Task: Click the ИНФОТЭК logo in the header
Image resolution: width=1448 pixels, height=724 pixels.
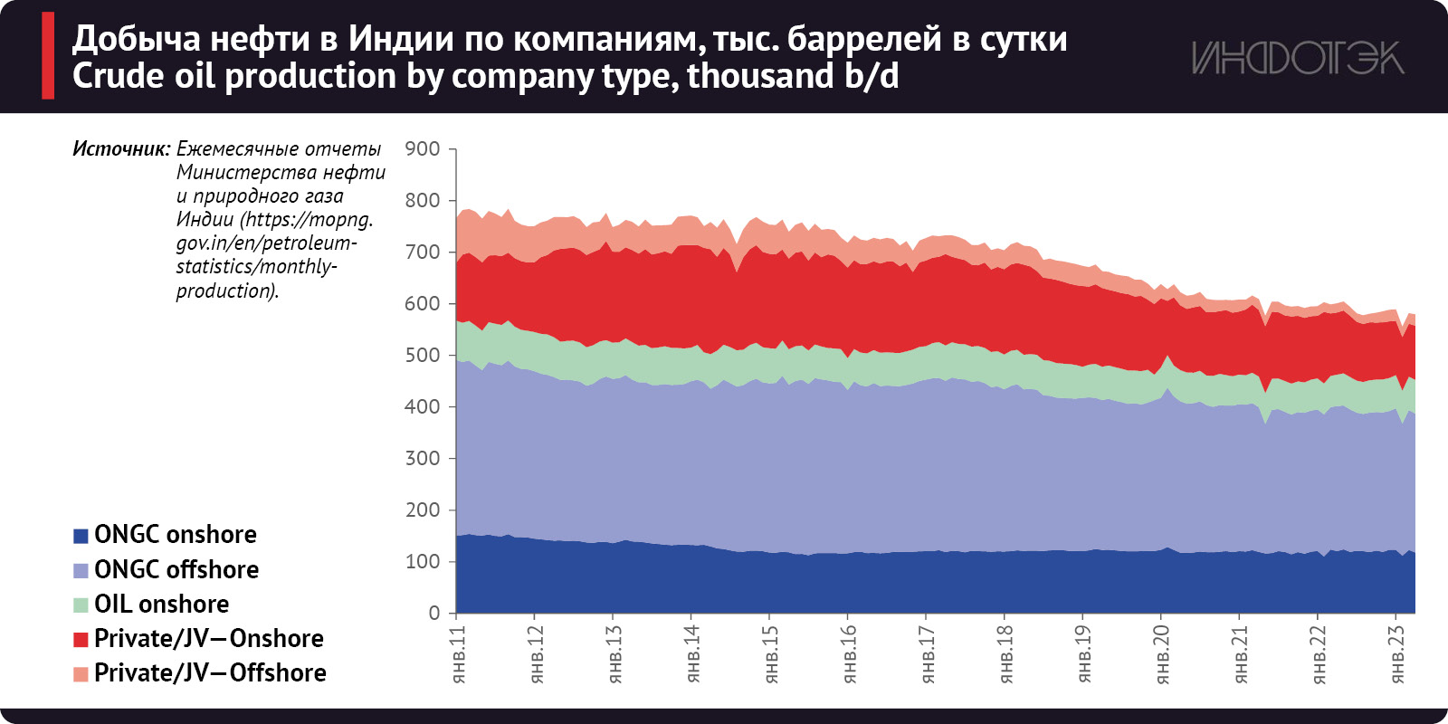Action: click(1298, 58)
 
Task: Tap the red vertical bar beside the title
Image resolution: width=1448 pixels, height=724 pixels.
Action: click(48, 55)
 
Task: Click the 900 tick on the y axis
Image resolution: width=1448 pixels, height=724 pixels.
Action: click(423, 148)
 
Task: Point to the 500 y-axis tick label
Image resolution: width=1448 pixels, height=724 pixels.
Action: click(423, 355)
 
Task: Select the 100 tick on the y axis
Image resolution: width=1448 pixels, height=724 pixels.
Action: click(423, 561)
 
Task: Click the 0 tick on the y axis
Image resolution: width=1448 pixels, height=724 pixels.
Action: click(434, 613)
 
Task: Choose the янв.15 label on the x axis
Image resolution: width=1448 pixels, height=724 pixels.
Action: click(771, 653)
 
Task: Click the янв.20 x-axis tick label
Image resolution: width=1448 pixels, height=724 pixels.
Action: click(1163, 653)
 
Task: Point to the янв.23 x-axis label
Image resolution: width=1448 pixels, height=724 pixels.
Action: click(1398, 653)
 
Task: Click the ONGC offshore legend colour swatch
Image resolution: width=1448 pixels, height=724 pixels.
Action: click(81, 570)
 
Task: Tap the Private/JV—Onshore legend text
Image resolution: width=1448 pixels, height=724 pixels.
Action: click(208, 638)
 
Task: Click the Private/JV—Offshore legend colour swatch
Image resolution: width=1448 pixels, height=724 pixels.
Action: click(81, 673)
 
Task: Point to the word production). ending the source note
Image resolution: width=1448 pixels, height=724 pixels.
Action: click(227, 291)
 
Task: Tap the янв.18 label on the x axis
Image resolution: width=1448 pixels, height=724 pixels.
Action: click(1006, 653)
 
